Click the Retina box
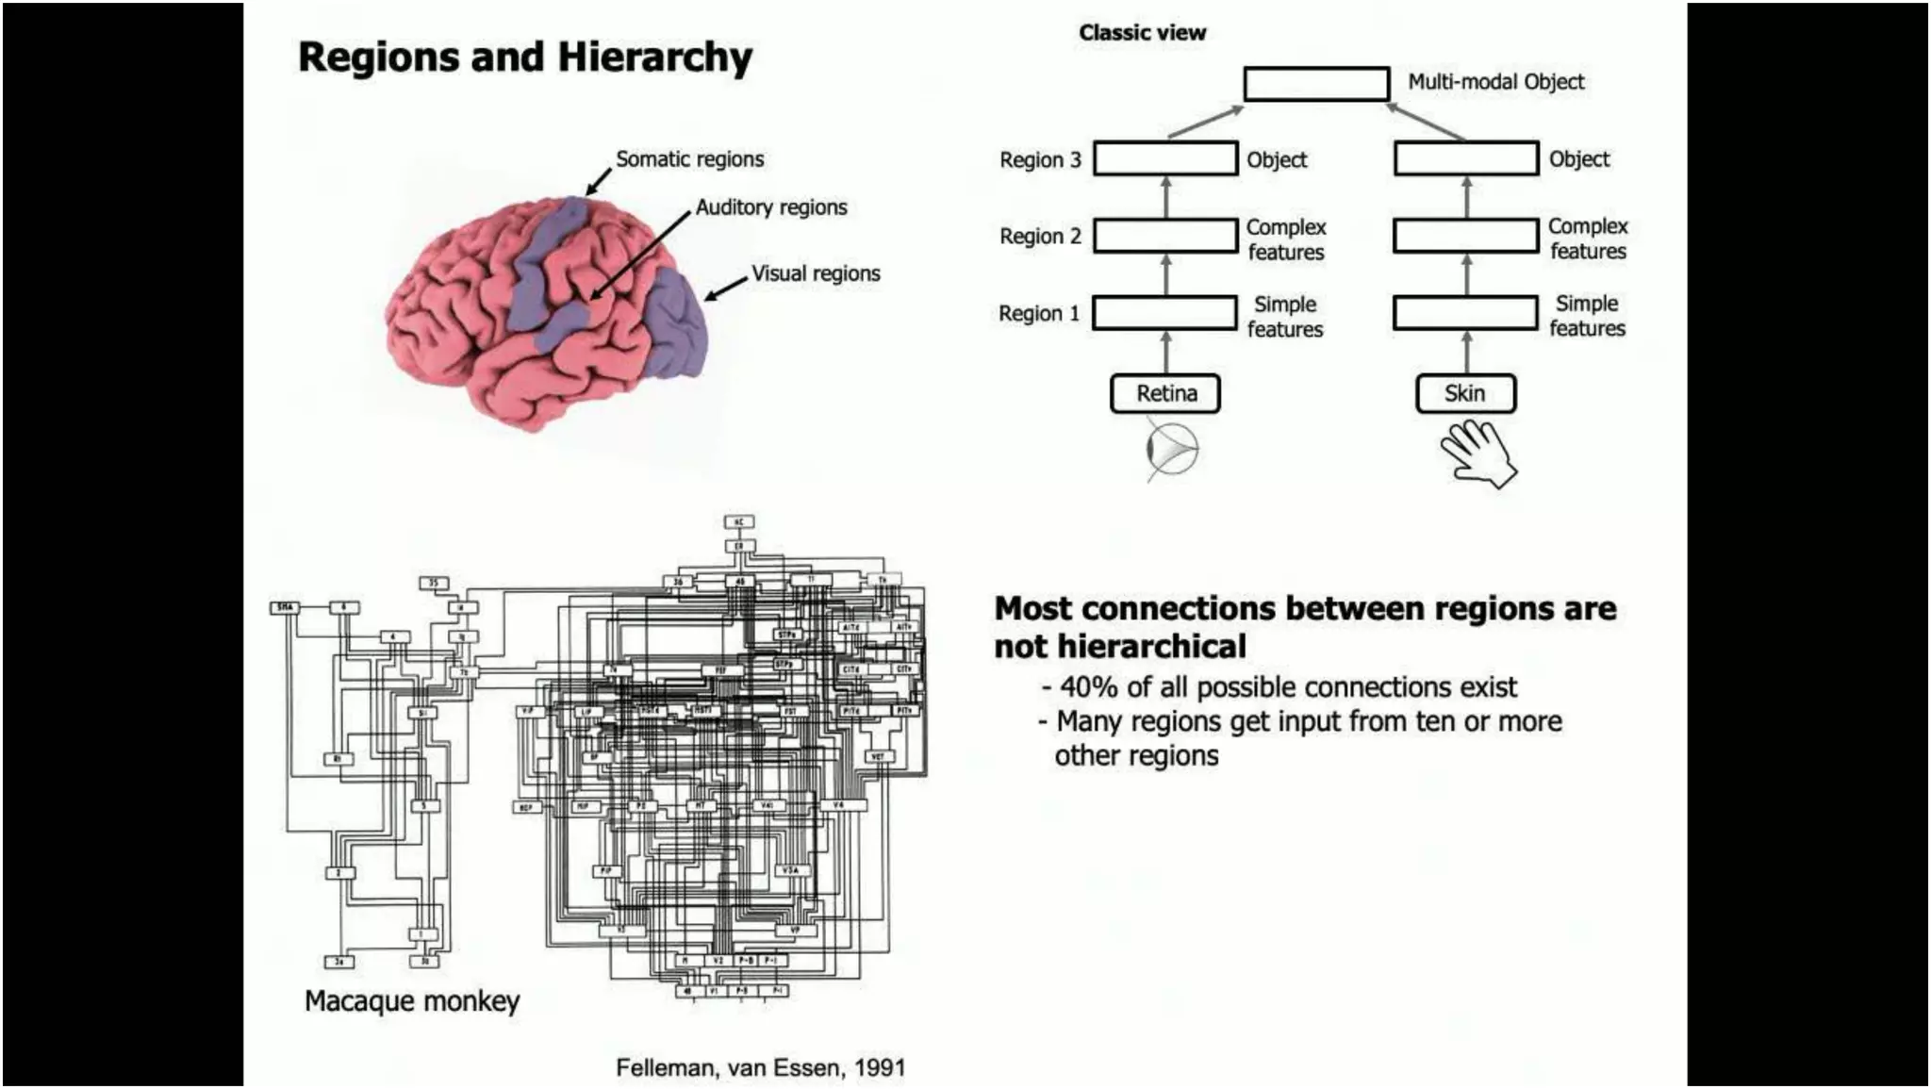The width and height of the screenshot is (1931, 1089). (1165, 393)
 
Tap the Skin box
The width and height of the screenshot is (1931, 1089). (1465, 393)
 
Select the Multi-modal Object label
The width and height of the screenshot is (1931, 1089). (1495, 82)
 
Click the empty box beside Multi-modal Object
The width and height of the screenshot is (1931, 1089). (1316, 84)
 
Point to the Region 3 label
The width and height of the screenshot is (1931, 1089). (1040, 160)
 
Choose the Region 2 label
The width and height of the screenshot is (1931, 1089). (1040, 236)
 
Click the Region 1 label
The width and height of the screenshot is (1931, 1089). (1039, 313)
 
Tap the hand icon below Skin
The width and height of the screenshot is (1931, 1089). (1477, 454)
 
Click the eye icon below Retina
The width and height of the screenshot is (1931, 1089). (1172, 450)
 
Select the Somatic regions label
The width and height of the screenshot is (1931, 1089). (689, 159)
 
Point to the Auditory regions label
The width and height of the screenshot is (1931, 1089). (770, 207)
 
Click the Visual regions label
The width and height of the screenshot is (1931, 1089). (816, 273)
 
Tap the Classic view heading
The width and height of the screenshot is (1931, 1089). (1142, 33)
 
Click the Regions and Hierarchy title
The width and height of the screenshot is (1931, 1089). (525, 57)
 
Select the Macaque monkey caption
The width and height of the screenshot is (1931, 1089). (412, 1000)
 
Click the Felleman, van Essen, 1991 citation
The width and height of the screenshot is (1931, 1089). (760, 1067)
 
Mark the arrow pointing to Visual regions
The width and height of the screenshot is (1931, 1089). (724, 289)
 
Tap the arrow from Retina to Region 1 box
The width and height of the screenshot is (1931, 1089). (1166, 352)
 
